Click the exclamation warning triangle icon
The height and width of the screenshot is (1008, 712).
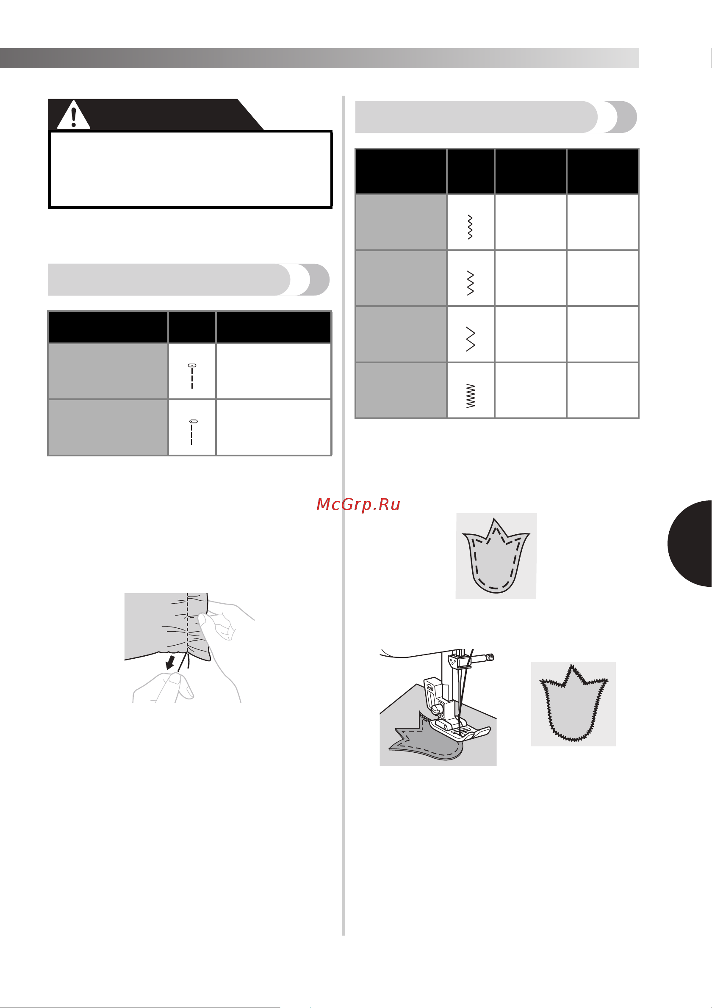pyautogui.click(x=74, y=115)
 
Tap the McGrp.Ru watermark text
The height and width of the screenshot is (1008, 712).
pyautogui.click(x=358, y=505)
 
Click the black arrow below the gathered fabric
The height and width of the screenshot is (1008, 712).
pyautogui.click(x=170, y=663)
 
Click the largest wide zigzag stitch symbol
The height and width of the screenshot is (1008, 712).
pyautogui.click(x=471, y=339)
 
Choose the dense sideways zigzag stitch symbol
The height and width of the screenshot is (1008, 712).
pyautogui.click(x=471, y=395)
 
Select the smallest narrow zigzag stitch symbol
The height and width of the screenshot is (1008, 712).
pyautogui.click(x=471, y=227)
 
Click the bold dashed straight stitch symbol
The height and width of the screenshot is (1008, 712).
pyautogui.click(x=192, y=376)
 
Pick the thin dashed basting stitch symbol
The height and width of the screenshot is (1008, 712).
pyautogui.click(x=192, y=432)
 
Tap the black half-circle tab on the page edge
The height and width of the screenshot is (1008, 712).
pyautogui.click(x=690, y=544)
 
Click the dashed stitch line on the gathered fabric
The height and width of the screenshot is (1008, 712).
pyautogui.click(x=188, y=624)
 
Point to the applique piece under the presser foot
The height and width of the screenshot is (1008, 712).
pyautogui.click(x=426, y=743)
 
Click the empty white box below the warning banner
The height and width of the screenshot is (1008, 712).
pyautogui.click(x=190, y=169)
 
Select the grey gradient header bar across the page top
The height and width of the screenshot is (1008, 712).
pyautogui.click(x=319, y=58)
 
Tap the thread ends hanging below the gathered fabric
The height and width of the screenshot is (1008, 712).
pyautogui.click(x=185, y=662)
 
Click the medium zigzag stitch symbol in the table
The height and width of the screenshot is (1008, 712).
pyautogui.click(x=471, y=283)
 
